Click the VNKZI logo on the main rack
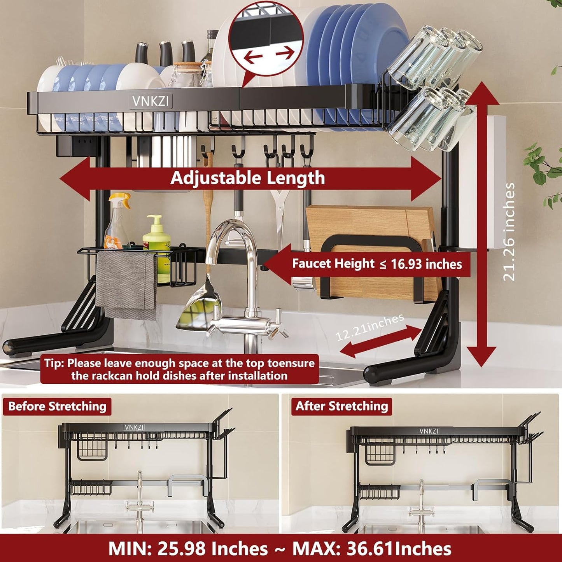click(151, 102)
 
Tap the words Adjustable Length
click(248, 178)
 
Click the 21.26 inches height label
click(509, 232)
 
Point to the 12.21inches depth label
click(369, 327)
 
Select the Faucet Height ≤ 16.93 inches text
click(376, 264)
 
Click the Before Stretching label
click(57, 406)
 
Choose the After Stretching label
click(341, 406)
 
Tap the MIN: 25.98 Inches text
click(188, 549)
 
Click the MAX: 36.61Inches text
click(371, 549)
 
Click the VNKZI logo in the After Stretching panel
click(429, 431)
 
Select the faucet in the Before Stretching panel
click(140, 498)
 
